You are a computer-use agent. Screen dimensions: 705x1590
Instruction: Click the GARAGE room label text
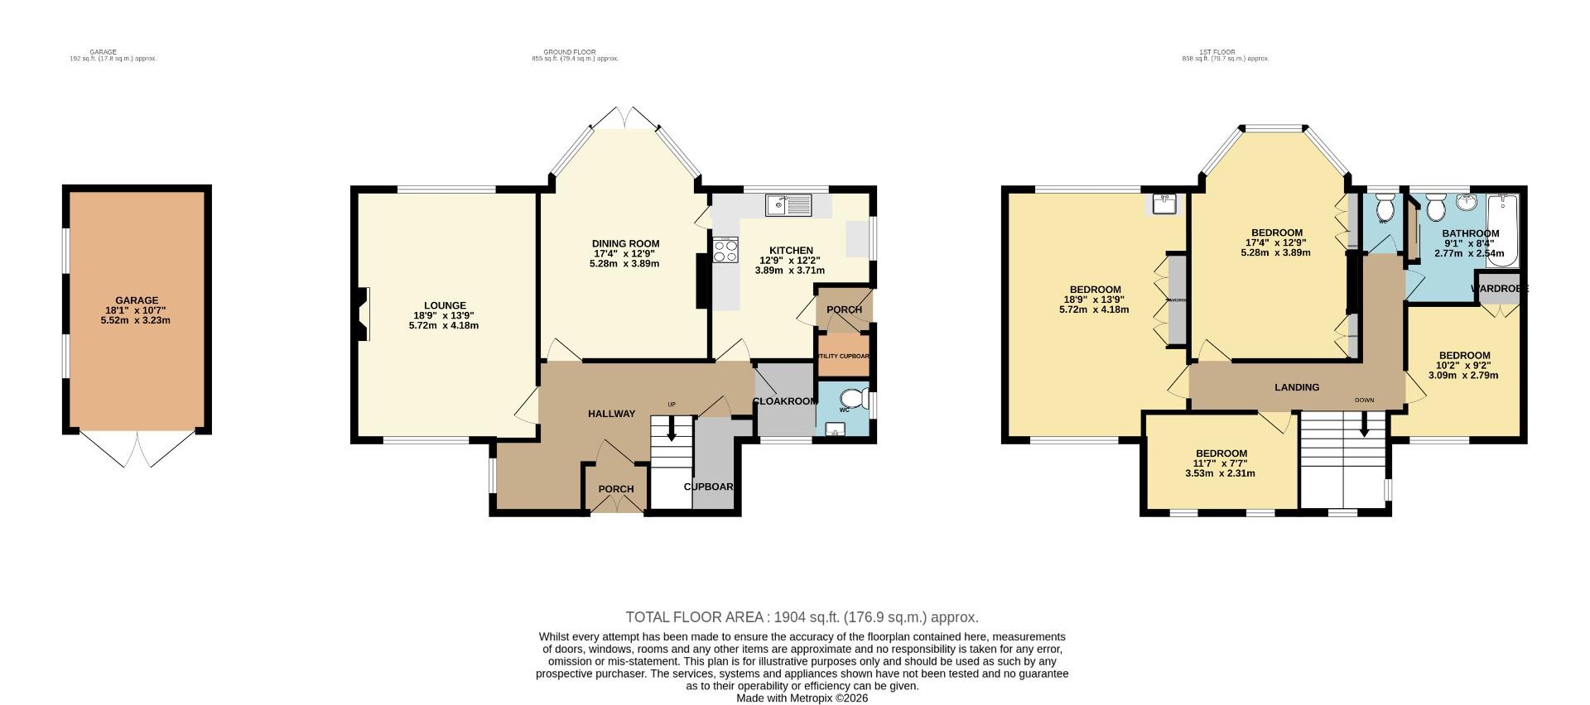click(137, 300)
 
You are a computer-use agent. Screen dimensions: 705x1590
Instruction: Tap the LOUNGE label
click(445, 305)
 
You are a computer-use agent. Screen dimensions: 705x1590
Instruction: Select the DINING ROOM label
click(625, 243)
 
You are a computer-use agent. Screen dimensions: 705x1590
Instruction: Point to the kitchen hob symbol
click(725, 250)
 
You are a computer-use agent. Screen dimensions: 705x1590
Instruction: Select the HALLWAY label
click(611, 414)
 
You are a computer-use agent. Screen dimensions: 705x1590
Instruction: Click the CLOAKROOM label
click(784, 401)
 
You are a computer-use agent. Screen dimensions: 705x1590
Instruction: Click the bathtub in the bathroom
click(1501, 231)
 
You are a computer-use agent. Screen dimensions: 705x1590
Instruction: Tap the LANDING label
click(1297, 387)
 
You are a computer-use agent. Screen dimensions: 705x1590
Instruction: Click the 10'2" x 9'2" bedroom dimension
click(1463, 365)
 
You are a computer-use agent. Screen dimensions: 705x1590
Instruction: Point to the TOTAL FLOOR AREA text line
click(802, 617)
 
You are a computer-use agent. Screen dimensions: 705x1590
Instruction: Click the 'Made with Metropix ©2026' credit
click(802, 698)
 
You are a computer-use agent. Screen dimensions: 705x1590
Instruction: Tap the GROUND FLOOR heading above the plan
click(575, 52)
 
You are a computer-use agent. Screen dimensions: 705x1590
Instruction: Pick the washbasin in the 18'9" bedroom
click(1165, 203)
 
